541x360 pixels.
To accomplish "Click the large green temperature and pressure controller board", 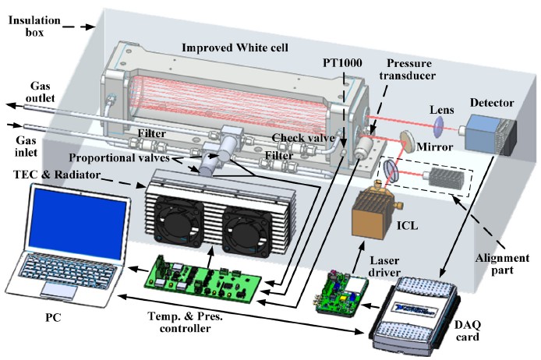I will point(208,270).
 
